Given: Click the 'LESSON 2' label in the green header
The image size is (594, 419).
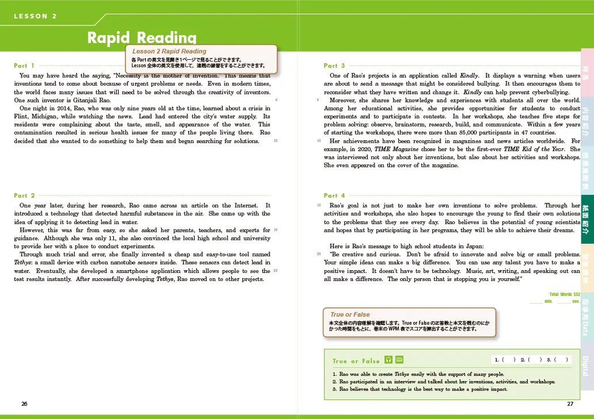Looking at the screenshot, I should pos(36,16).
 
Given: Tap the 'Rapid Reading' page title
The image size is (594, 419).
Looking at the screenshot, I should pos(142,38).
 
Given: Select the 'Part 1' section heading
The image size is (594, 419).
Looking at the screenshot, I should pos(24,66).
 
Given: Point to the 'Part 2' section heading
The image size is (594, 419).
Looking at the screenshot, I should pos(24,196).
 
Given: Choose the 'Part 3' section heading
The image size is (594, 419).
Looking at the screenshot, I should pos(334,66).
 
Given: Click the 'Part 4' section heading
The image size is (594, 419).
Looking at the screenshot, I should pos(334,196).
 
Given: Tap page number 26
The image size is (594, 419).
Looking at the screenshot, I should pos(24,404).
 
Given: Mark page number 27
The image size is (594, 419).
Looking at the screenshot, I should pos(570,404).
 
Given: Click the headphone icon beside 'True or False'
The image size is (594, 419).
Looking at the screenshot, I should pos(389,360).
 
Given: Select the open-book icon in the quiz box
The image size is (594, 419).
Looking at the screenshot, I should pos(399,360).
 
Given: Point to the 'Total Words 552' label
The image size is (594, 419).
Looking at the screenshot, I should pos(564,294).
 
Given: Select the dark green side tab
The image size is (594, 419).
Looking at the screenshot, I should pos(586,220).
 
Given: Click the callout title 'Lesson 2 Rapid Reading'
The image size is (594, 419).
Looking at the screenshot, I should pos(169,52).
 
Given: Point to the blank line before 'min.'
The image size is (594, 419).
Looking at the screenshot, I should pos(536,301).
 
